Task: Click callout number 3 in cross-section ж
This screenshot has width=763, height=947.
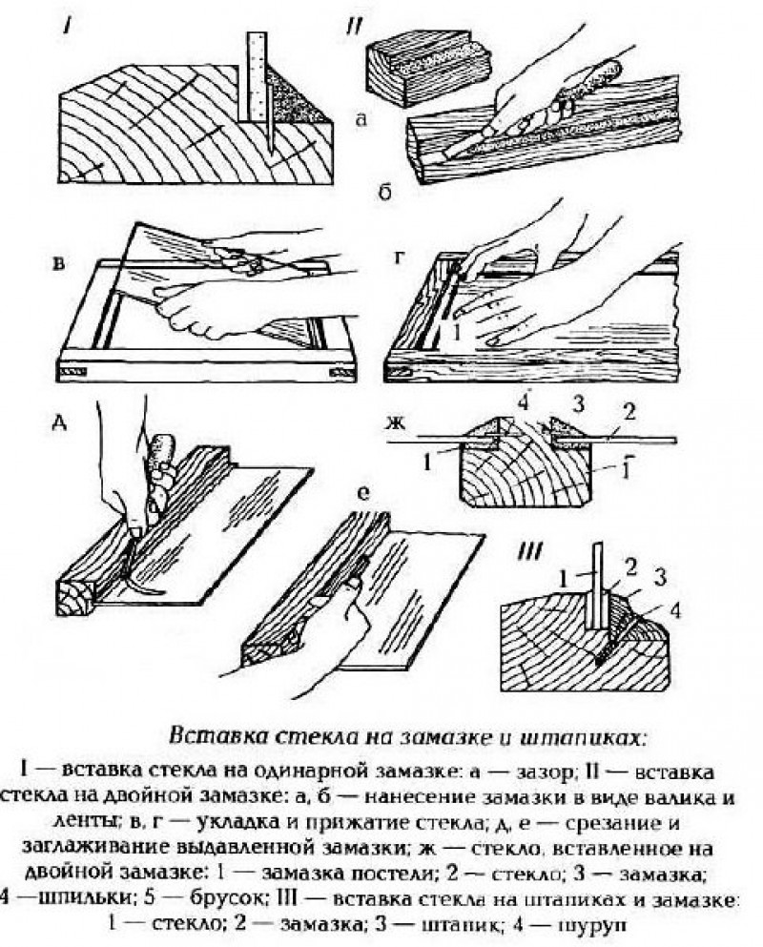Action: click(575, 400)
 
